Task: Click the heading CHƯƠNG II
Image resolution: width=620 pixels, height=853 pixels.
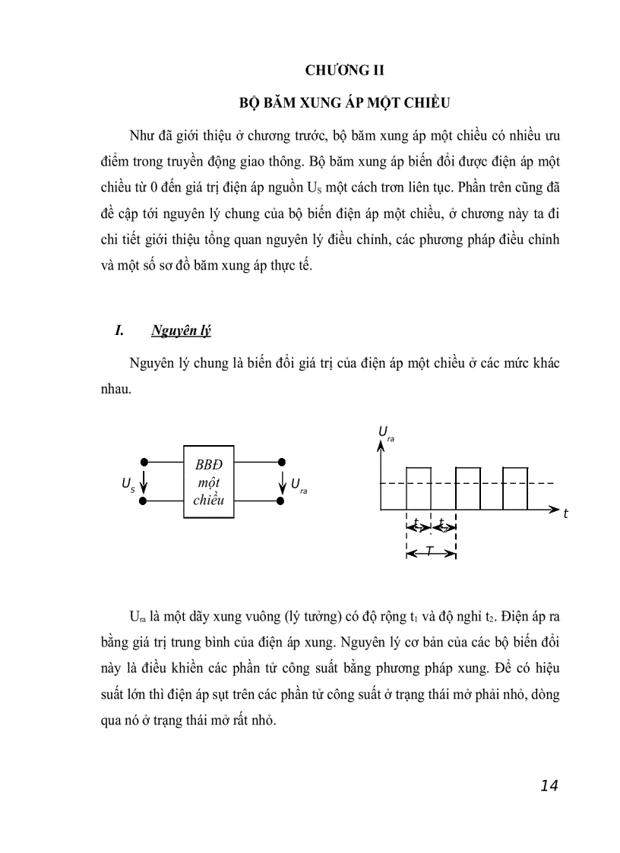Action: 345,71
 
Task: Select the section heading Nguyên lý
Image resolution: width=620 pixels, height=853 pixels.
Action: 181,330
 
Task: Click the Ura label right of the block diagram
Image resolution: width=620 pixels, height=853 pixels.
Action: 299,484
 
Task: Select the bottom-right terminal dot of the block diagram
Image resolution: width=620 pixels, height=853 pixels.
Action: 282,501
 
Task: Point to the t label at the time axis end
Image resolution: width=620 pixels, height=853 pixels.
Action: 565,514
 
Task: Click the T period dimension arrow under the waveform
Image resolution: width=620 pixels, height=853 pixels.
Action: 431,552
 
